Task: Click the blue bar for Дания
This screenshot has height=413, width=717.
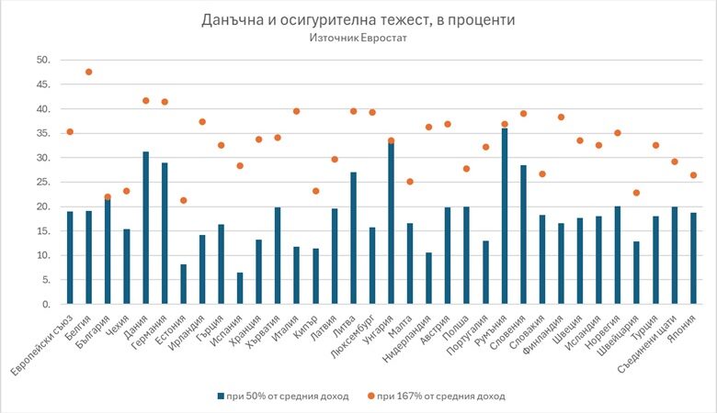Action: click(x=145, y=228)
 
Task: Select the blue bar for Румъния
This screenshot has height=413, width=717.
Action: click(x=504, y=216)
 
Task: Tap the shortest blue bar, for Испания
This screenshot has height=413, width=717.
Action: click(x=240, y=288)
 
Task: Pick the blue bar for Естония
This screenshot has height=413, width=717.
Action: click(x=183, y=284)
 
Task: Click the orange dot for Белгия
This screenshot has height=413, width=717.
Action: click(x=89, y=72)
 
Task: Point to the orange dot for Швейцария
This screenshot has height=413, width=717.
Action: click(x=636, y=193)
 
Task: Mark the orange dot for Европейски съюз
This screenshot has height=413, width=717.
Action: click(x=70, y=131)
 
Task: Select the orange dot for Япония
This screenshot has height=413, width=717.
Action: click(x=693, y=175)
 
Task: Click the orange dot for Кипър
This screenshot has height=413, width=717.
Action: click(x=315, y=191)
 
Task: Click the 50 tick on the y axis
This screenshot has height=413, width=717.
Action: click(x=41, y=60)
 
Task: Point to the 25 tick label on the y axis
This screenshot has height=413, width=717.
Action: click(x=41, y=182)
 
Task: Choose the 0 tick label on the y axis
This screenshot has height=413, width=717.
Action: click(x=44, y=304)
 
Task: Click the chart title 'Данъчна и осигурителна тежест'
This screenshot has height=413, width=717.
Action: click(x=358, y=19)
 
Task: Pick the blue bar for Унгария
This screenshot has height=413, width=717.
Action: click(x=391, y=223)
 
